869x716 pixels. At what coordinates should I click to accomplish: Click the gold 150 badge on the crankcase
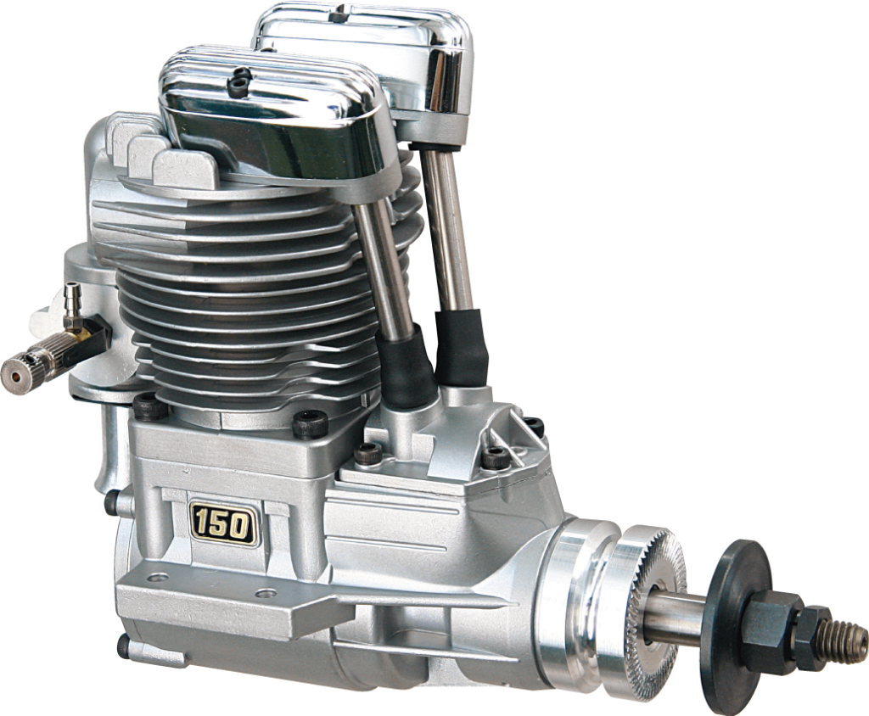(223, 523)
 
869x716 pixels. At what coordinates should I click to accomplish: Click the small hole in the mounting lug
(153, 579)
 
